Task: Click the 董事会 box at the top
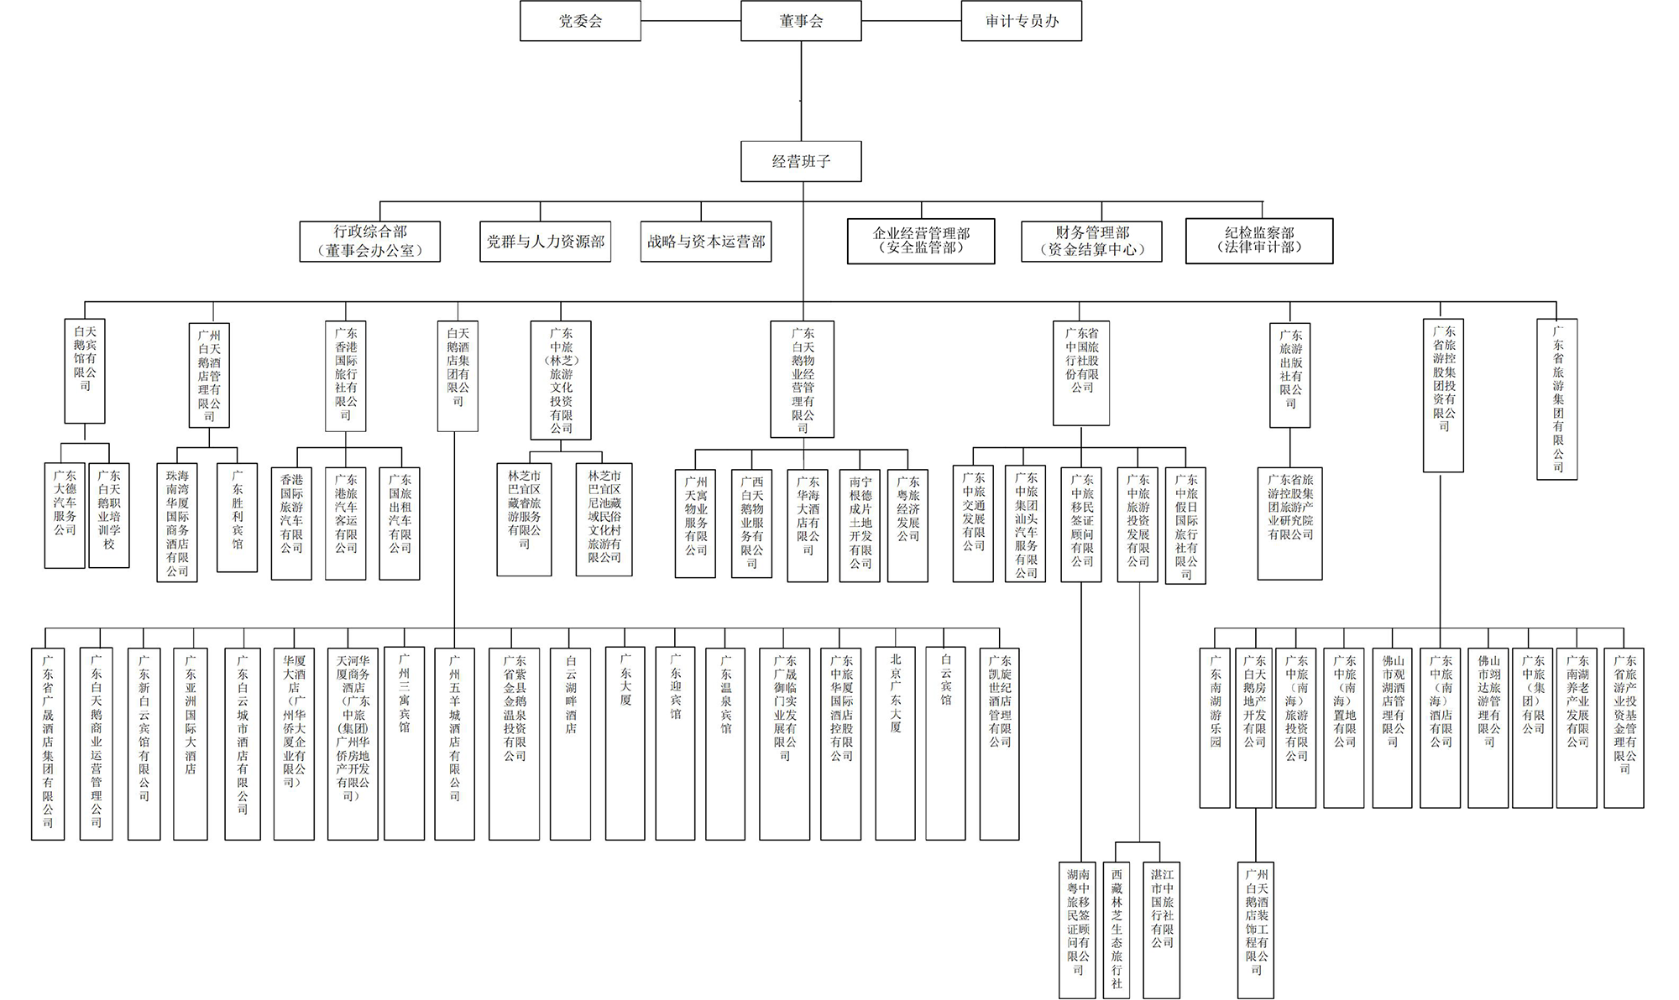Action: click(801, 21)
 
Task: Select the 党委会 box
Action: click(580, 21)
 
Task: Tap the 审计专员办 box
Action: click(1021, 21)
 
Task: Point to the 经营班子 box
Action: click(801, 161)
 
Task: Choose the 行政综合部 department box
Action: click(369, 242)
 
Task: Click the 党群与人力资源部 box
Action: click(545, 242)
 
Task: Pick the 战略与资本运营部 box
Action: click(705, 242)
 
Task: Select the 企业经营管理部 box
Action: click(921, 242)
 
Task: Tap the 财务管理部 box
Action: click(1091, 242)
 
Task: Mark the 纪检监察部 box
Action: click(1258, 242)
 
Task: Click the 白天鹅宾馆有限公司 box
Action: click(85, 370)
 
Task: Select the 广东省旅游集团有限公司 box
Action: click(1556, 399)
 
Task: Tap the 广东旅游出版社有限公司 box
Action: click(1289, 375)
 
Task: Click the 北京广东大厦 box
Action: click(895, 743)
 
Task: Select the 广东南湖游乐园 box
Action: click(1215, 727)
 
